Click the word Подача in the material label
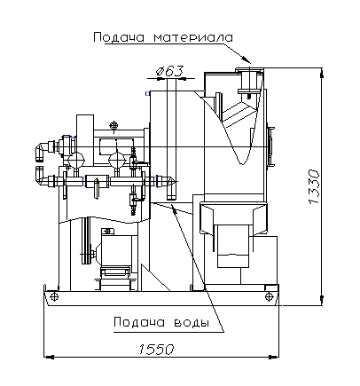point(119,37)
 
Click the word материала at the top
point(193,37)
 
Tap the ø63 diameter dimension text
point(169,71)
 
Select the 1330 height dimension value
point(314,186)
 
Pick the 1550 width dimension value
point(156,350)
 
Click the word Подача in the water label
point(139,322)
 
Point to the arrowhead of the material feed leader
point(247,59)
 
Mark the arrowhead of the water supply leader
point(174,209)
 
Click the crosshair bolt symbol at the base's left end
point(54,296)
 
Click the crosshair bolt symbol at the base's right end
point(269,296)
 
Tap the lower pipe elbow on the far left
point(41,177)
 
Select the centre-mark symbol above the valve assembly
point(113,125)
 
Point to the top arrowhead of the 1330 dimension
point(322,74)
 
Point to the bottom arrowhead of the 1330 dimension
point(322,301)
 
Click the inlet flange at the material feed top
point(249,70)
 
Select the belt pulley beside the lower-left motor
point(86,240)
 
